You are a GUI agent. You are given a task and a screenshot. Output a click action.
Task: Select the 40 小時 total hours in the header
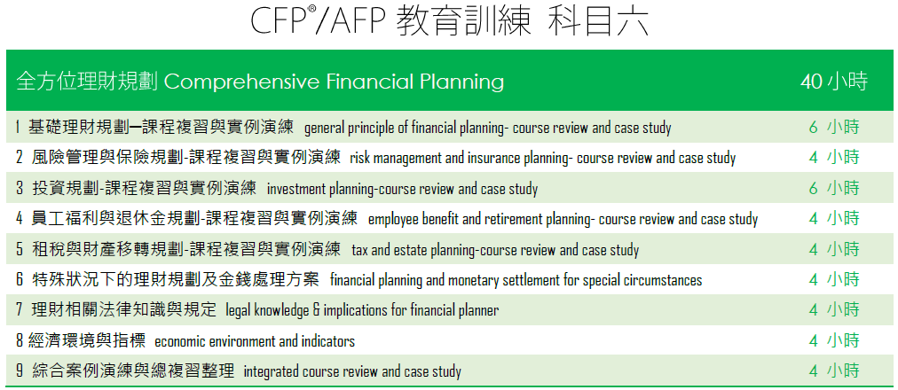pyautogui.click(x=834, y=82)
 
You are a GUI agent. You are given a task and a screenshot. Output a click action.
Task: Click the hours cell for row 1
pyautogui.click(x=834, y=127)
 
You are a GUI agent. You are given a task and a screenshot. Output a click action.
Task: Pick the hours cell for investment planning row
pyautogui.click(x=834, y=188)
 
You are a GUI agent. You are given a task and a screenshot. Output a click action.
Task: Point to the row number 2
pyautogui.click(x=20, y=157)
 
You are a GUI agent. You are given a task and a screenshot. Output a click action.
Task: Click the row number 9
pyautogui.click(x=20, y=371)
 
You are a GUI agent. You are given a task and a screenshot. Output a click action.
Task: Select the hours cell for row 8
pyautogui.click(x=834, y=340)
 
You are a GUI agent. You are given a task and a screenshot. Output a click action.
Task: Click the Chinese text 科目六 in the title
pyautogui.click(x=597, y=22)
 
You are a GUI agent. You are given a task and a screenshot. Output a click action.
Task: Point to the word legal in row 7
pyautogui.click(x=238, y=310)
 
